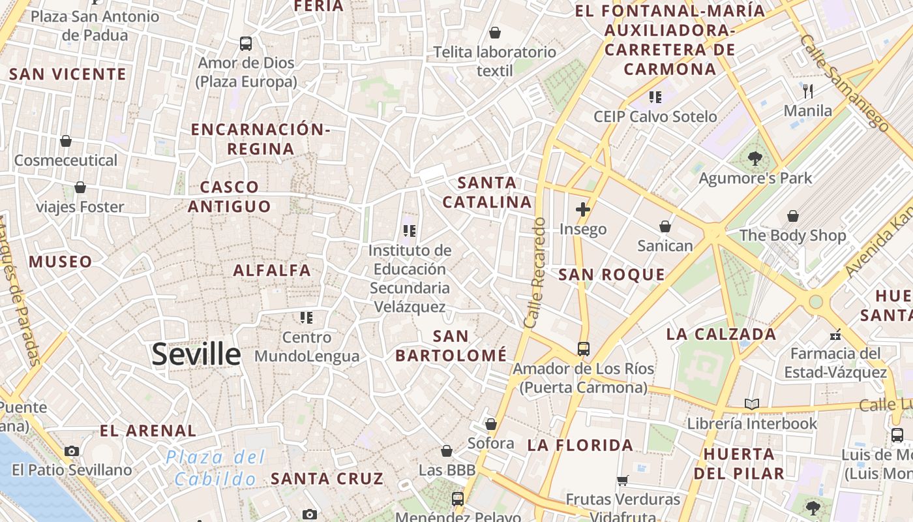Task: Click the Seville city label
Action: (196, 354)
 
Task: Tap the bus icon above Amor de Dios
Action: (246, 44)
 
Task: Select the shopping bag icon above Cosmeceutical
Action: (66, 140)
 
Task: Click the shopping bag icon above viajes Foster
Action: (80, 187)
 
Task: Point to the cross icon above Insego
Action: (583, 209)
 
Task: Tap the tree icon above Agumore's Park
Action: (755, 158)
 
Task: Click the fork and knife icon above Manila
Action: (809, 91)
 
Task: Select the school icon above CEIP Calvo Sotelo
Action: (655, 97)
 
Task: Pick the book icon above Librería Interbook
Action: (752, 404)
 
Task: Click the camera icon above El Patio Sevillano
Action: (72, 451)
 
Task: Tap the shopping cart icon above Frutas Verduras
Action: (623, 480)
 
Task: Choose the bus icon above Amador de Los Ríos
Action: (584, 348)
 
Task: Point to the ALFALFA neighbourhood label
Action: (272, 270)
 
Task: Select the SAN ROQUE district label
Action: (612, 275)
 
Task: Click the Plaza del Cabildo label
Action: (216, 468)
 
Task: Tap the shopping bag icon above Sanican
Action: (665, 226)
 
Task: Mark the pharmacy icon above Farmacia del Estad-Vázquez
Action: (835, 335)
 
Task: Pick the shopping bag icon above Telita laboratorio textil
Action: (495, 33)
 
